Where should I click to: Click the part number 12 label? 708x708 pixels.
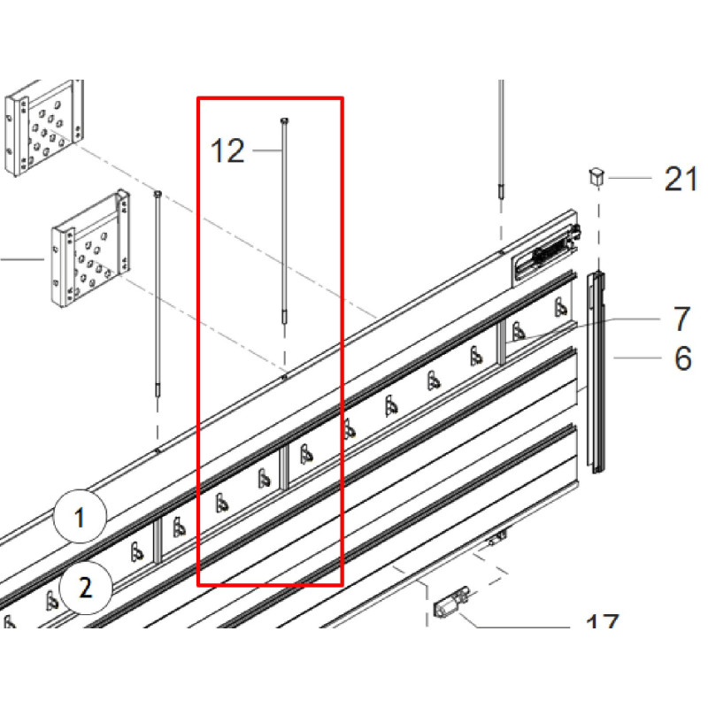(x=227, y=151)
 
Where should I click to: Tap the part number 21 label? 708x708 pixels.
(x=681, y=180)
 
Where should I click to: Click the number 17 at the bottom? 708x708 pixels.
(x=603, y=627)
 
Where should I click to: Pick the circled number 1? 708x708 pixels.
(x=79, y=517)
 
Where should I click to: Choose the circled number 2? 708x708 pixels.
(x=86, y=587)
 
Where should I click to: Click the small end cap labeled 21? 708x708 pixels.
(x=596, y=176)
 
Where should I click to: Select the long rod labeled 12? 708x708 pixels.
(x=284, y=221)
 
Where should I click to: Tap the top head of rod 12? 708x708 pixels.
(x=284, y=121)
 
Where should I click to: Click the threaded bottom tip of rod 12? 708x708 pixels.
(x=284, y=317)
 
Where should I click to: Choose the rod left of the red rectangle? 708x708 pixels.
(x=158, y=292)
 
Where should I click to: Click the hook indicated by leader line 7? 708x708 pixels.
(x=518, y=334)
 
